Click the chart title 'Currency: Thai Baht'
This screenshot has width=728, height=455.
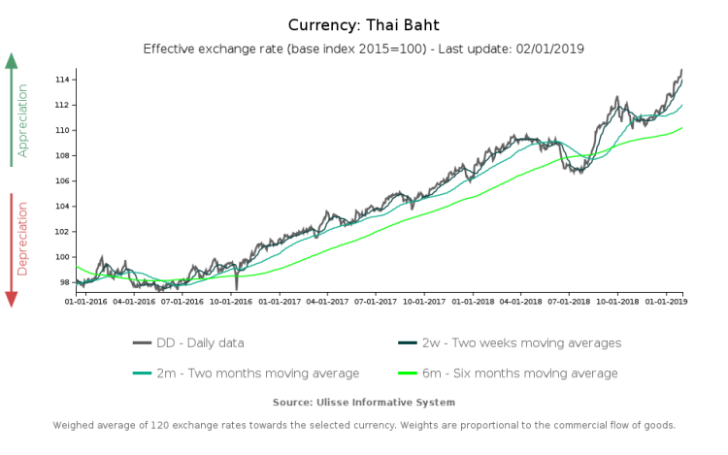pyautogui.click(x=364, y=24)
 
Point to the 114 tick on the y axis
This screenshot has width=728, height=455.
pyautogui.click(x=64, y=79)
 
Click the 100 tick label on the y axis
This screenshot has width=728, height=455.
pyautogui.click(x=64, y=257)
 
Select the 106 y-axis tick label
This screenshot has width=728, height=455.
pyautogui.click(x=64, y=180)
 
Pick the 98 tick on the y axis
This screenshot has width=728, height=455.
pyautogui.click(x=66, y=282)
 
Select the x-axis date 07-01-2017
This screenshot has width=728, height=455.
pyautogui.click(x=376, y=301)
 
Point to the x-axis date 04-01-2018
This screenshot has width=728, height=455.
pyautogui.click(x=520, y=301)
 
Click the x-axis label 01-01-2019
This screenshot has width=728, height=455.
pyautogui.click(x=665, y=301)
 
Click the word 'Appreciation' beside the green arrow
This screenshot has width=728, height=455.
pyautogui.click(x=23, y=120)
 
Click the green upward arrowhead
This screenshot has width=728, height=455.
pyautogui.click(x=12, y=61)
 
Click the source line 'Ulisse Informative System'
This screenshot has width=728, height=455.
pyautogui.click(x=364, y=402)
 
